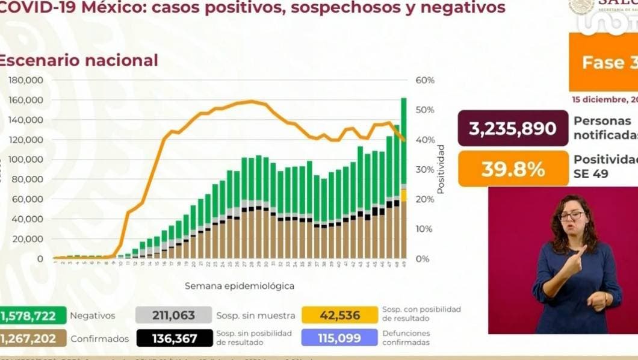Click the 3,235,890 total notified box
point(513,128)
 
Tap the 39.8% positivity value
point(513,169)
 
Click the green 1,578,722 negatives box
point(33,315)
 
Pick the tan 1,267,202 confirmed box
point(33,338)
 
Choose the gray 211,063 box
point(174,315)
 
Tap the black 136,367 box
point(174,338)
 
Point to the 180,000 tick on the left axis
point(25,80)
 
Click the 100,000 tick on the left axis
point(25,160)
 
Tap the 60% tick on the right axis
point(424,80)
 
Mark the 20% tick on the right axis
point(424,199)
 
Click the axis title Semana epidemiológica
point(240,286)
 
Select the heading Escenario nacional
point(78,61)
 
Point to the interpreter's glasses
point(572,216)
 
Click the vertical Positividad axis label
point(441,169)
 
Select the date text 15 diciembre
point(602,99)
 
